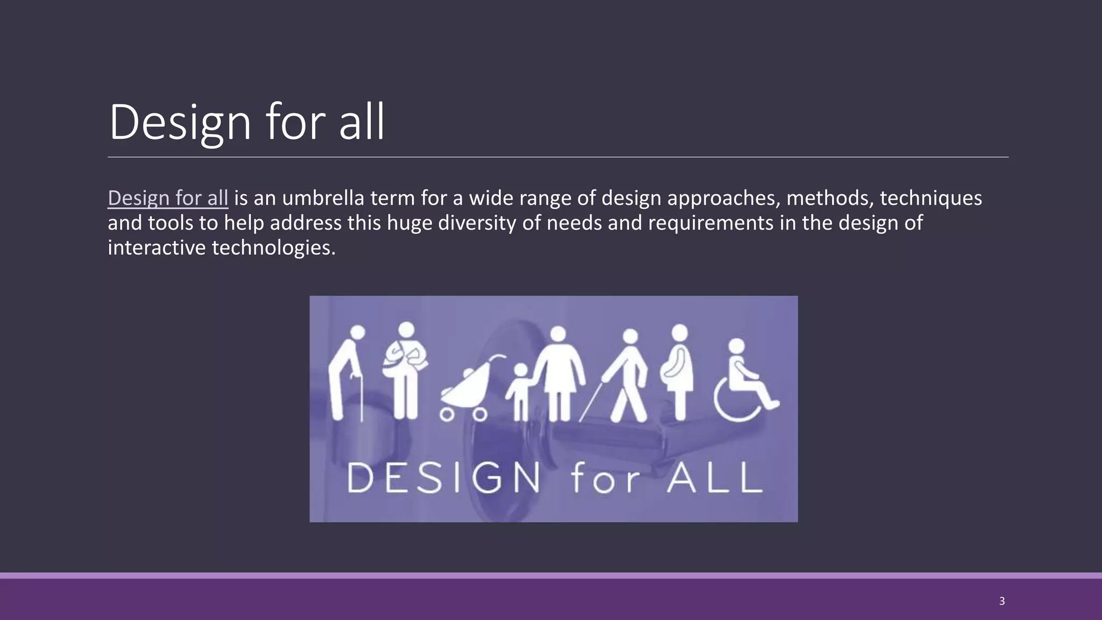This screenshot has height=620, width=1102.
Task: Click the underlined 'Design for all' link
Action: tap(168, 198)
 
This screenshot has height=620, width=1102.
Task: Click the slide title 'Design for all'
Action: tap(246, 122)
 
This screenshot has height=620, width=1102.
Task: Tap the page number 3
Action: tap(1001, 601)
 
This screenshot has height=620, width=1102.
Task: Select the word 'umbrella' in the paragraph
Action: tap(323, 198)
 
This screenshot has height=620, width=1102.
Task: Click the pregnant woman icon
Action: tap(680, 371)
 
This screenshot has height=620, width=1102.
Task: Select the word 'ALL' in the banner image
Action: tap(715, 478)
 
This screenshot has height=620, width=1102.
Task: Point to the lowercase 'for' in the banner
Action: tap(605, 478)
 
